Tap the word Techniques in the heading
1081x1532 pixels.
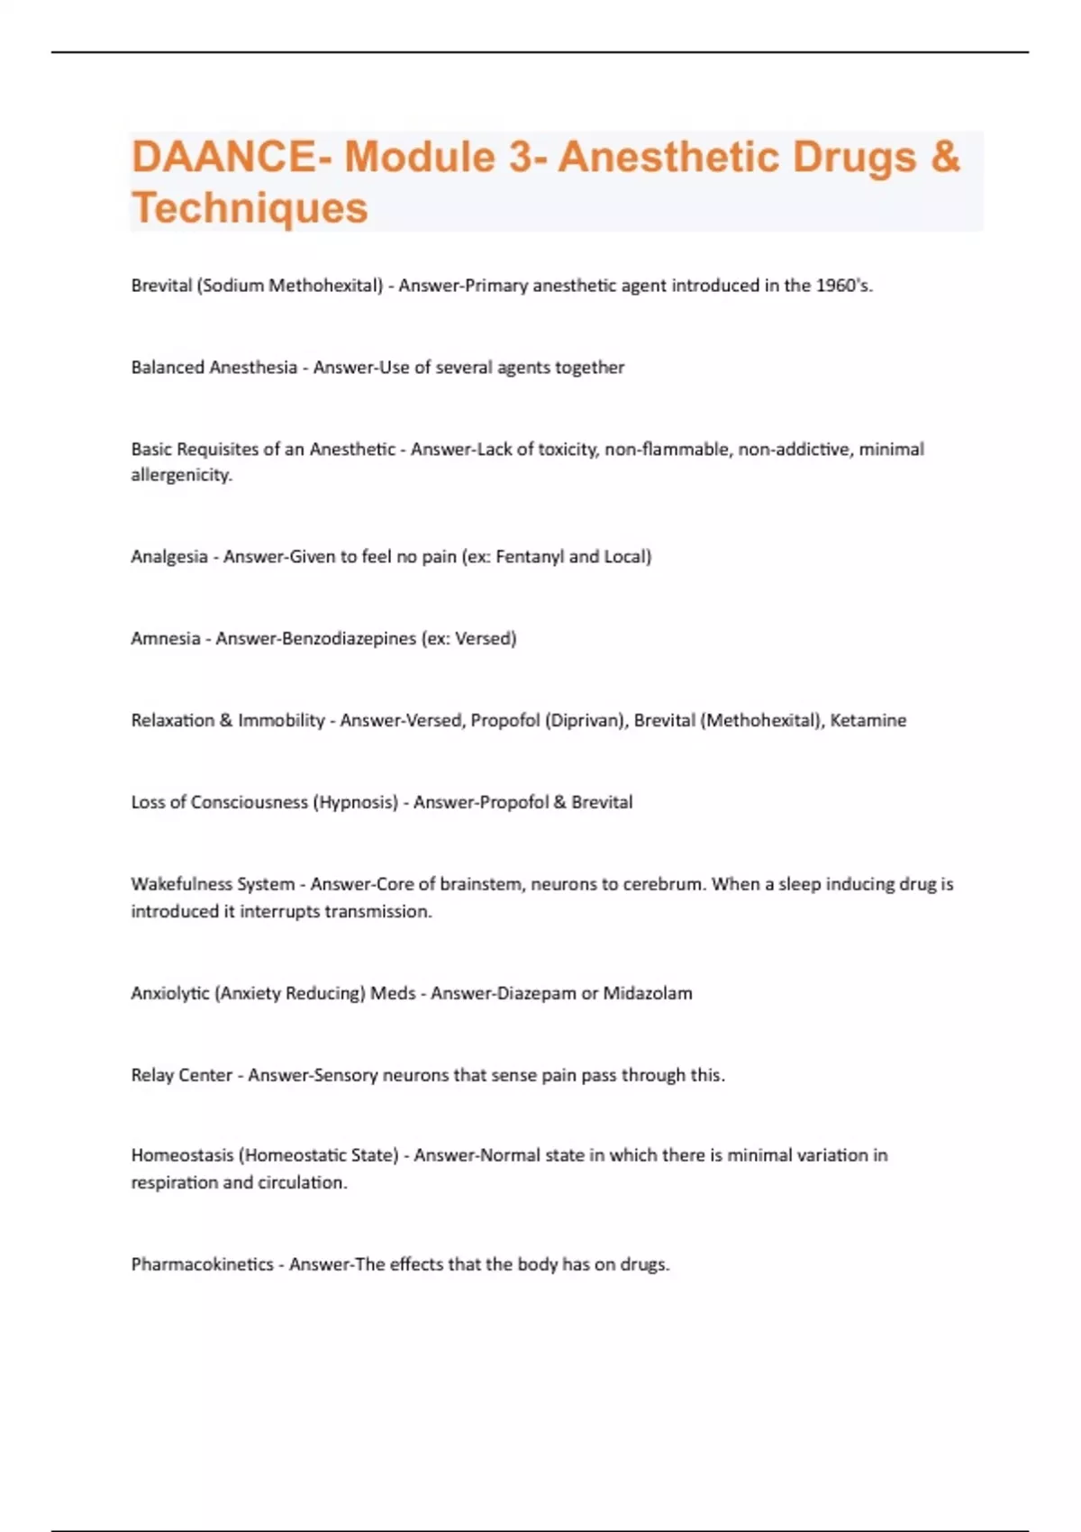click(250, 207)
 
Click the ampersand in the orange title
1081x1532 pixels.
click(945, 157)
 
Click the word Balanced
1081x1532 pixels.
click(168, 368)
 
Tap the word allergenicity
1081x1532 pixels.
click(181, 475)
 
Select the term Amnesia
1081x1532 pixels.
click(166, 639)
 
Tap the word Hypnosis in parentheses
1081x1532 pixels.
click(355, 803)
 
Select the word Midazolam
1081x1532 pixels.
click(648, 993)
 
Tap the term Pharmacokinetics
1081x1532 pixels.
click(202, 1264)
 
